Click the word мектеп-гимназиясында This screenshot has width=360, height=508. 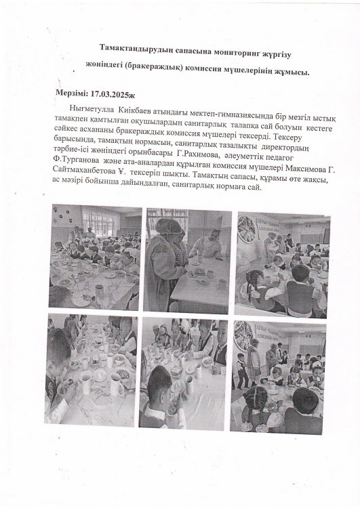coord(214,110)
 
